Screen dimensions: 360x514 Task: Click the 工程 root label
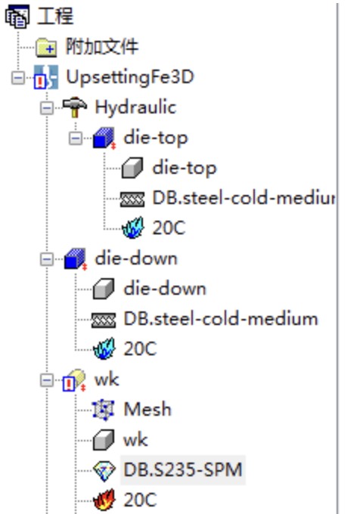click(55, 15)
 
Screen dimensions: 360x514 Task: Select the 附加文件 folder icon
click(46, 47)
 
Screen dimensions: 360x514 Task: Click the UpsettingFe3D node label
click(130, 77)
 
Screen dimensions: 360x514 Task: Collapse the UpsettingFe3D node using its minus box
click(18, 78)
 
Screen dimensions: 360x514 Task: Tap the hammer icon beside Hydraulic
click(75, 107)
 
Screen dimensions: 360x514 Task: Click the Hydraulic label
click(135, 107)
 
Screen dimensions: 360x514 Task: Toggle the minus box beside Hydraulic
click(47, 108)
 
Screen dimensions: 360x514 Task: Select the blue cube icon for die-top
click(104, 138)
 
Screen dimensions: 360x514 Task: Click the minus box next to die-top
click(76, 138)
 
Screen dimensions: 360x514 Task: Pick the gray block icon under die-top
click(132, 168)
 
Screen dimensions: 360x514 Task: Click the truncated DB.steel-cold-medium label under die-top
click(244, 198)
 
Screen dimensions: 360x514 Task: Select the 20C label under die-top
click(169, 228)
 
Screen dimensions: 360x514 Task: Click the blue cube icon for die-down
click(76, 259)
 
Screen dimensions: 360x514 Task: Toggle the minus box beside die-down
click(47, 259)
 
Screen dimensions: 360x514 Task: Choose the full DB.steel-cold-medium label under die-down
click(221, 319)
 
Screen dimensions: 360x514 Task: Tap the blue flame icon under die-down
click(104, 348)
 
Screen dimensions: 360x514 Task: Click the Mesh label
click(147, 409)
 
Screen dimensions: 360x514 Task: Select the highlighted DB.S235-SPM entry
click(183, 469)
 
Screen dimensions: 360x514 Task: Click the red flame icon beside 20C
click(104, 500)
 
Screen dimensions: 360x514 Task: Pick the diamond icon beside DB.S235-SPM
click(104, 470)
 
